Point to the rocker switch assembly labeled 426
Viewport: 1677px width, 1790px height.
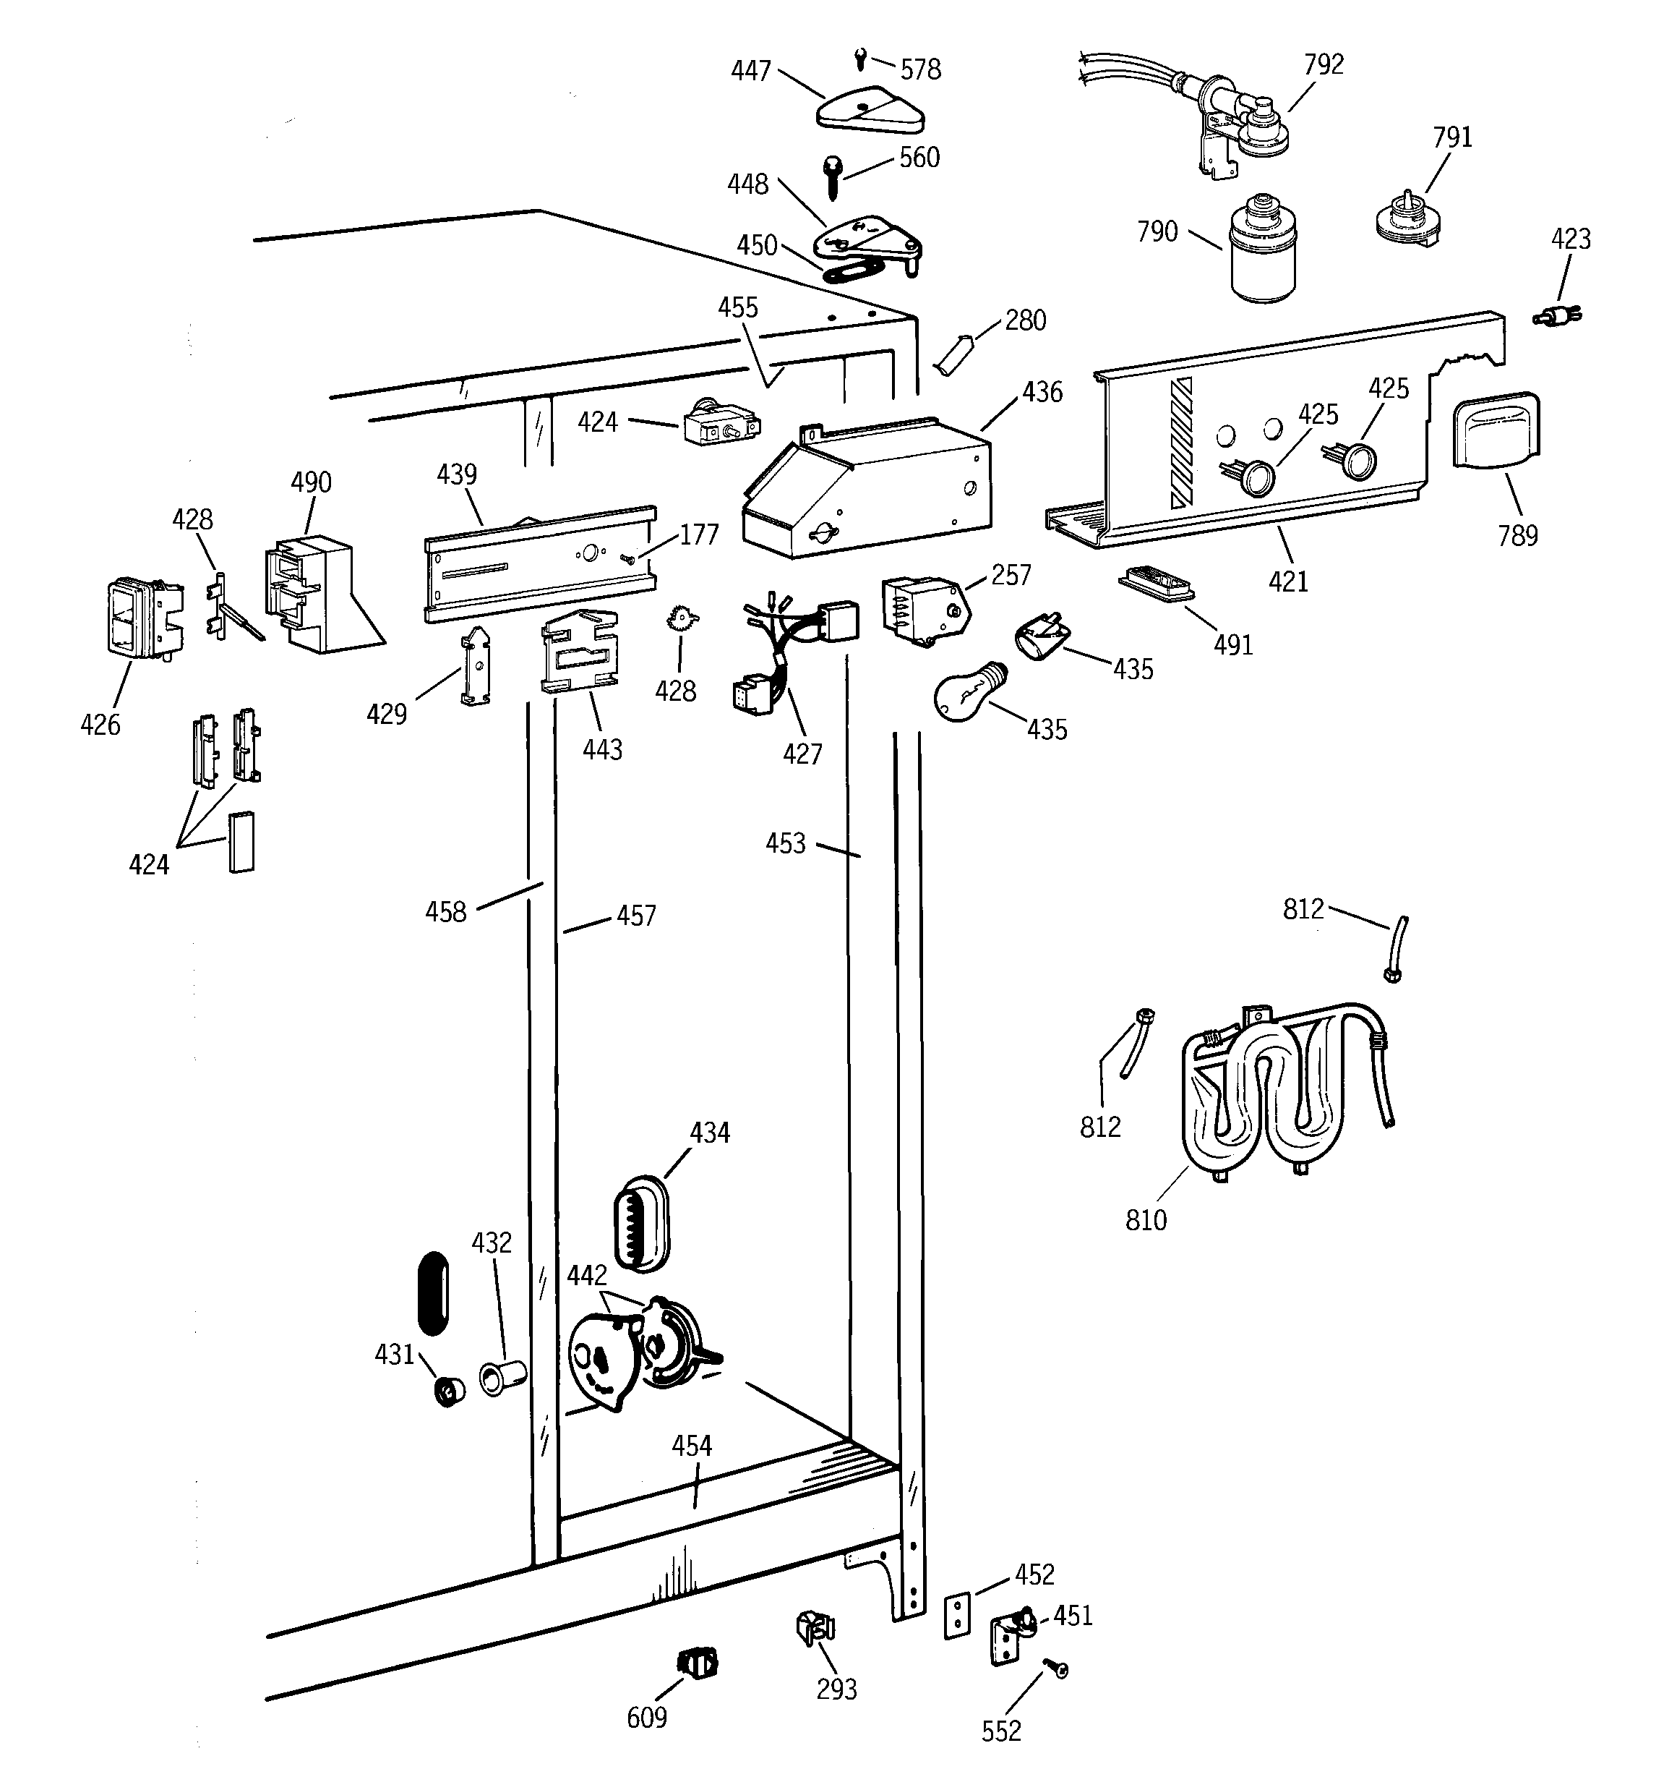[x=140, y=617]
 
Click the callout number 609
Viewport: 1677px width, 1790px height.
[x=646, y=1718]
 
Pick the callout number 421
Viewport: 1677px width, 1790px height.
[x=1287, y=581]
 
